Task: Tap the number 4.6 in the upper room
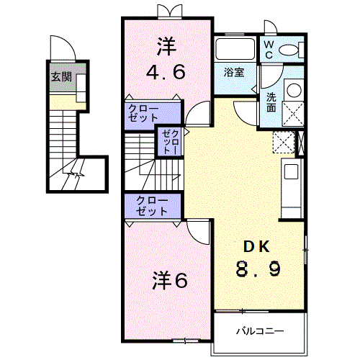(167, 71)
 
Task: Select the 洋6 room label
(169, 279)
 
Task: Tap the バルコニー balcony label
(260, 332)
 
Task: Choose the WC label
(268, 49)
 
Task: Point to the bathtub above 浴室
(234, 50)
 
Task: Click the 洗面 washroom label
(271, 101)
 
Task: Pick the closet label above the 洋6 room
(149, 206)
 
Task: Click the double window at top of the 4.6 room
(167, 11)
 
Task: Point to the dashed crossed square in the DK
(283, 142)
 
